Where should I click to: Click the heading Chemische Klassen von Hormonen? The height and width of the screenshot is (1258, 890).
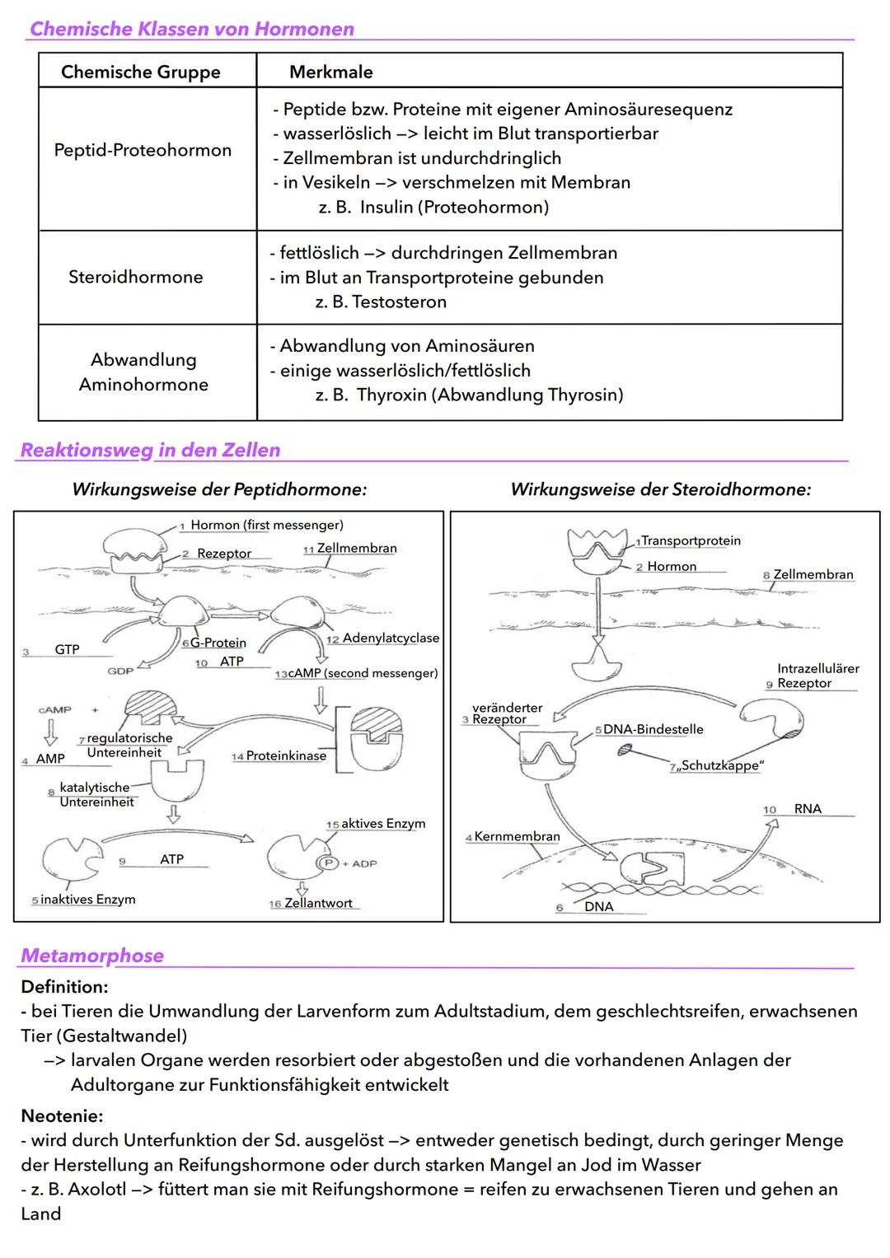click(x=191, y=29)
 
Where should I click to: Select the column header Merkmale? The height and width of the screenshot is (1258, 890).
click(x=330, y=72)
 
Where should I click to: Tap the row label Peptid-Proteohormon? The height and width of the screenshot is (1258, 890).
click(x=143, y=150)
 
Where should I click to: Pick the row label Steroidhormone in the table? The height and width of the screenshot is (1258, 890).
click(x=135, y=277)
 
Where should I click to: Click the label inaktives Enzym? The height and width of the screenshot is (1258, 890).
click(x=87, y=899)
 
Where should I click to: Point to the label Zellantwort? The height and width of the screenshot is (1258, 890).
click(x=318, y=903)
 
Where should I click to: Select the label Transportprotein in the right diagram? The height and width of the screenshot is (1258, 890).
click(x=691, y=540)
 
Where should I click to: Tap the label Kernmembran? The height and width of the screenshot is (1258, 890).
click(x=517, y=836)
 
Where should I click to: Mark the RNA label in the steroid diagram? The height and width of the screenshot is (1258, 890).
click(x=808, y=809)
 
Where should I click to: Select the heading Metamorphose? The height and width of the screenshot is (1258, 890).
click(x=92, y=956)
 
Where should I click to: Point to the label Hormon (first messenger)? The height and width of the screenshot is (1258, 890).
click(x=266, y=525)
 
